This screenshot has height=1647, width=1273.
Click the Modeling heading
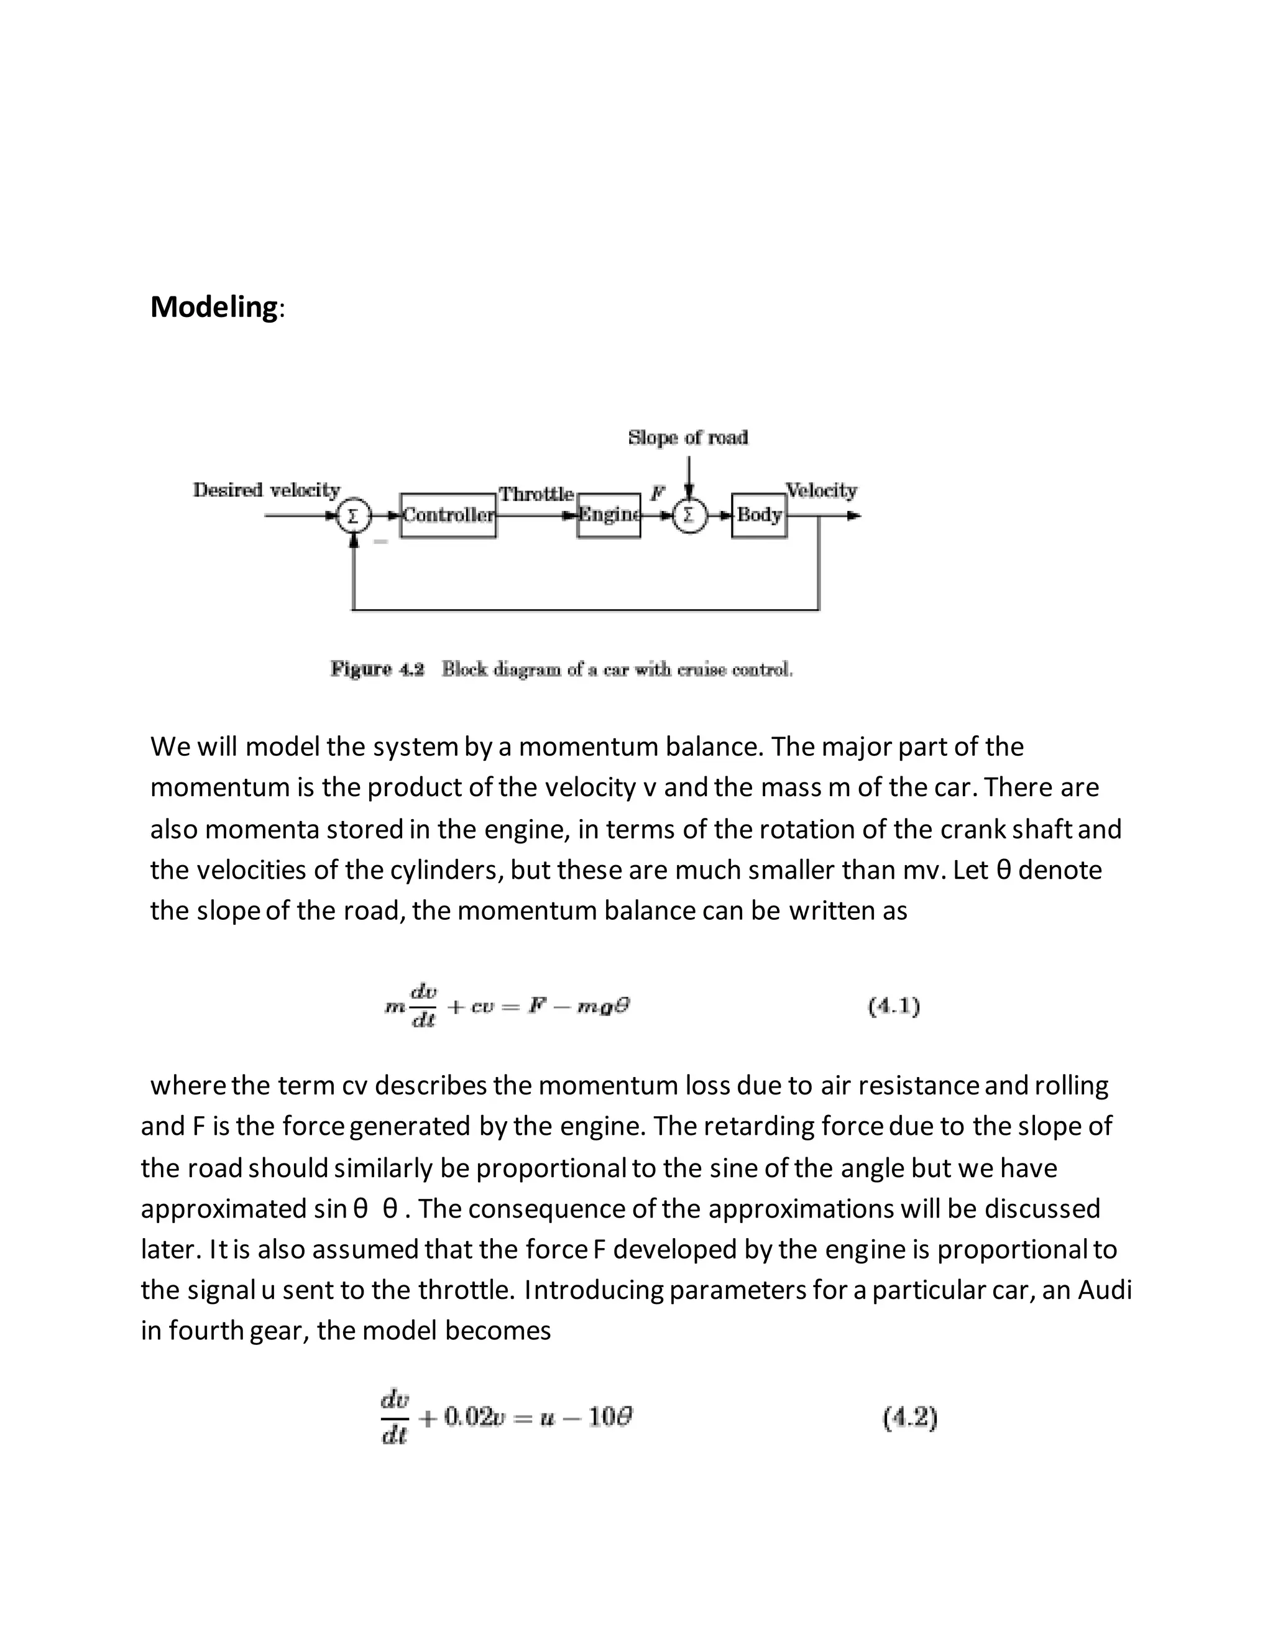click(214, 307)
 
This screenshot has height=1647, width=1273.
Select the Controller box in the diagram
click(448, 516)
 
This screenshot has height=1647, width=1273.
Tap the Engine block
click(609, 516)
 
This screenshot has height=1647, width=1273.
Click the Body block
click(759, 516)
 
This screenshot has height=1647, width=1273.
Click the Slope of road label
click(688, 438)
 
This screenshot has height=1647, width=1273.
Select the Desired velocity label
click(266, 490)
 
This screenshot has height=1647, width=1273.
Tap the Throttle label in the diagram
click(536, 495)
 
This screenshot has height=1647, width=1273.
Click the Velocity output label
click(821, 491)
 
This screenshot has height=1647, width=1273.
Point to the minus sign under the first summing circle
click(381, 541)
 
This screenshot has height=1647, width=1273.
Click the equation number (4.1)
click(894, 1006)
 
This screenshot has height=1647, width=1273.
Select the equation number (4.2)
click(909, 1418)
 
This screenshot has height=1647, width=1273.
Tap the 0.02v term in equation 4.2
click(473, 1418)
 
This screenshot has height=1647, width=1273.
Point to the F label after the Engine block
click(658, 494)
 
